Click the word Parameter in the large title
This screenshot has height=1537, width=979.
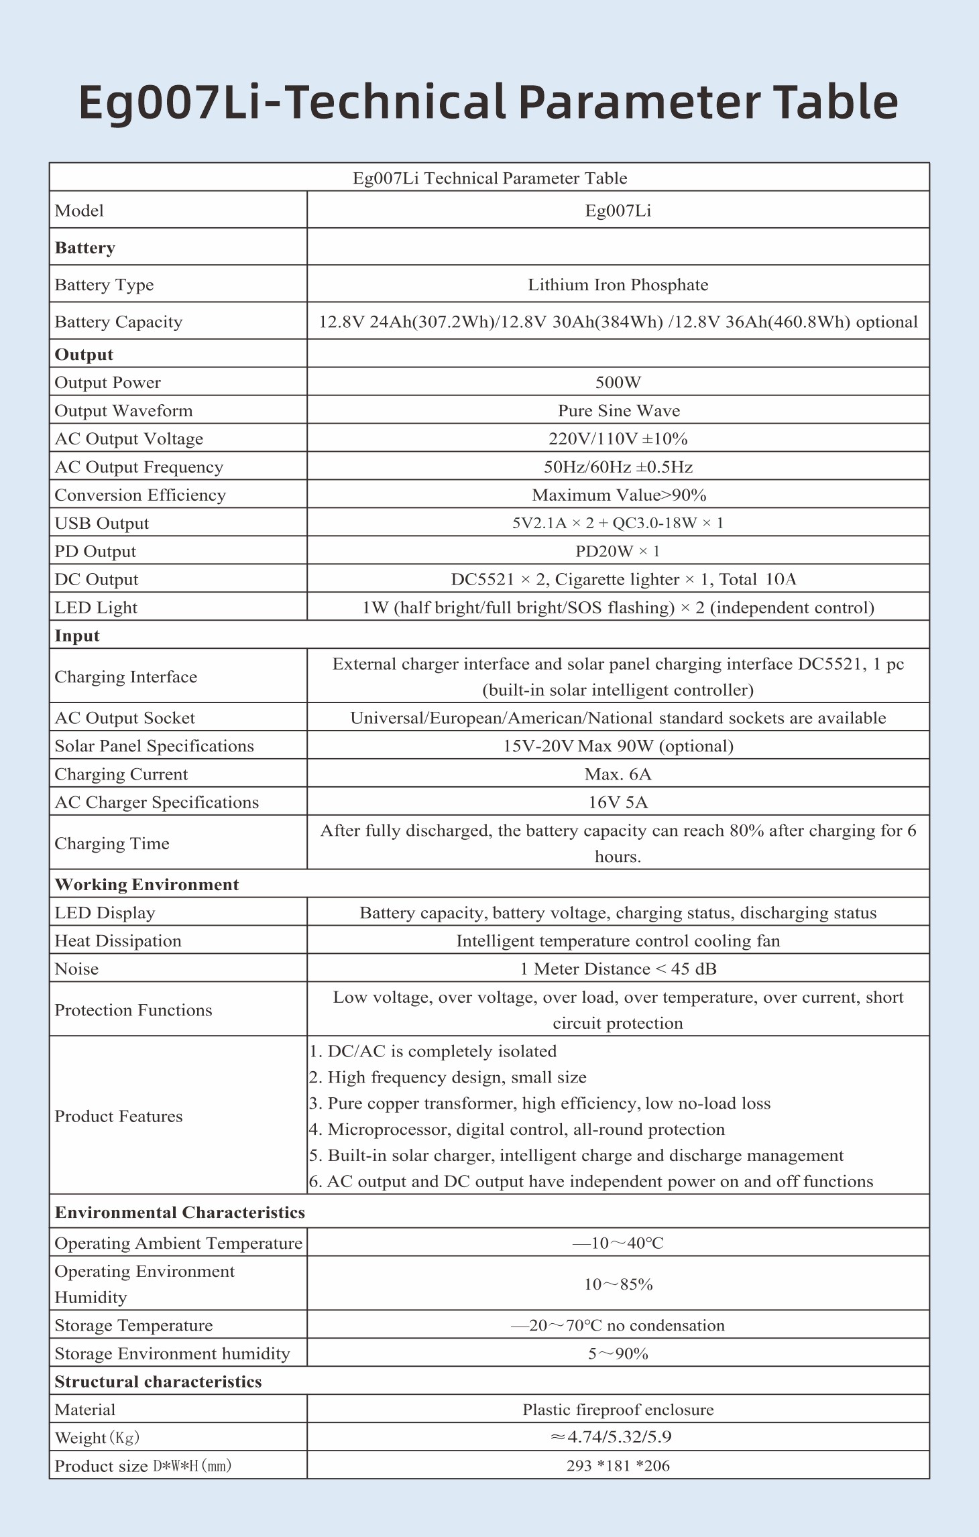pos(639,103)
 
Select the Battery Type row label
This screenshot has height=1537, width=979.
pos(104,285)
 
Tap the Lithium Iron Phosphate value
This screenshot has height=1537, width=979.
pos(618,285)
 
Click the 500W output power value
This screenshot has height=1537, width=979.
pos(618,383)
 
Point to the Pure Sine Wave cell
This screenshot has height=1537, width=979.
pos(618,411)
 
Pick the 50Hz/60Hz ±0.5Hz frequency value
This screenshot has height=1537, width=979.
pos(618,467)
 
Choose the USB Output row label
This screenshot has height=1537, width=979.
pos(101,524)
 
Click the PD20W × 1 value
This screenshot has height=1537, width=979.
pos(618,552)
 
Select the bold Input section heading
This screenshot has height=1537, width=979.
pos(77,636)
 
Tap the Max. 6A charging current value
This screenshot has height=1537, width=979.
pos(618,774)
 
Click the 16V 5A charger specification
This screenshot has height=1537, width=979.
pos(618,802)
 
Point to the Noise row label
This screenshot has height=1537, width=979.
pos(76,969)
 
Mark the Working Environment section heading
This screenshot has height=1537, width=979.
pos(146,885)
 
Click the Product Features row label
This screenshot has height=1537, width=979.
pos(118,1116)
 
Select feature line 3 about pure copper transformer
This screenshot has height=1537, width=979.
pos(540,1103)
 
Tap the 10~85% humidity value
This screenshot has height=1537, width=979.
pos(618,1284)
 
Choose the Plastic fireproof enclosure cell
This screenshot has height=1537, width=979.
pos(618,1410)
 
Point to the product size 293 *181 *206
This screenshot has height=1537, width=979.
pos(618,1466)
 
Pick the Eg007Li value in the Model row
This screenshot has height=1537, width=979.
pos(618,211)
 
